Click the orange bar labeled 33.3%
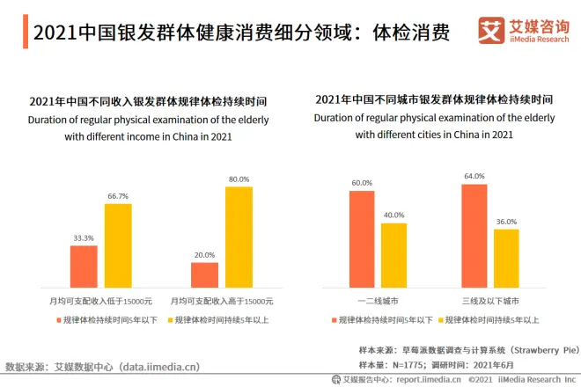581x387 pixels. point(84,266)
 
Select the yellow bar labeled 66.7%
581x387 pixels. point(118,245)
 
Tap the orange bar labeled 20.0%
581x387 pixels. point(204,274)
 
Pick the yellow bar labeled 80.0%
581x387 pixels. point(239,236)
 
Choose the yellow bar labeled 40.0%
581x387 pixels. point(393,254)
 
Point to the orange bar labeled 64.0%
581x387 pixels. point(474,235)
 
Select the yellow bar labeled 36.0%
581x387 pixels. point(506,258)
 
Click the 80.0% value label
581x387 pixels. point(239,179)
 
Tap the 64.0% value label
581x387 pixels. point(474,176)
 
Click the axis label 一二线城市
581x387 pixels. point(378,301)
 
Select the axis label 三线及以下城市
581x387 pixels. point(489,301)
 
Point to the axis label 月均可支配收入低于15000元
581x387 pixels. point(100,301)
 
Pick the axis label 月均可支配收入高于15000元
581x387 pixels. point(222,301)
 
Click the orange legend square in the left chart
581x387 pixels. point(57,319)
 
